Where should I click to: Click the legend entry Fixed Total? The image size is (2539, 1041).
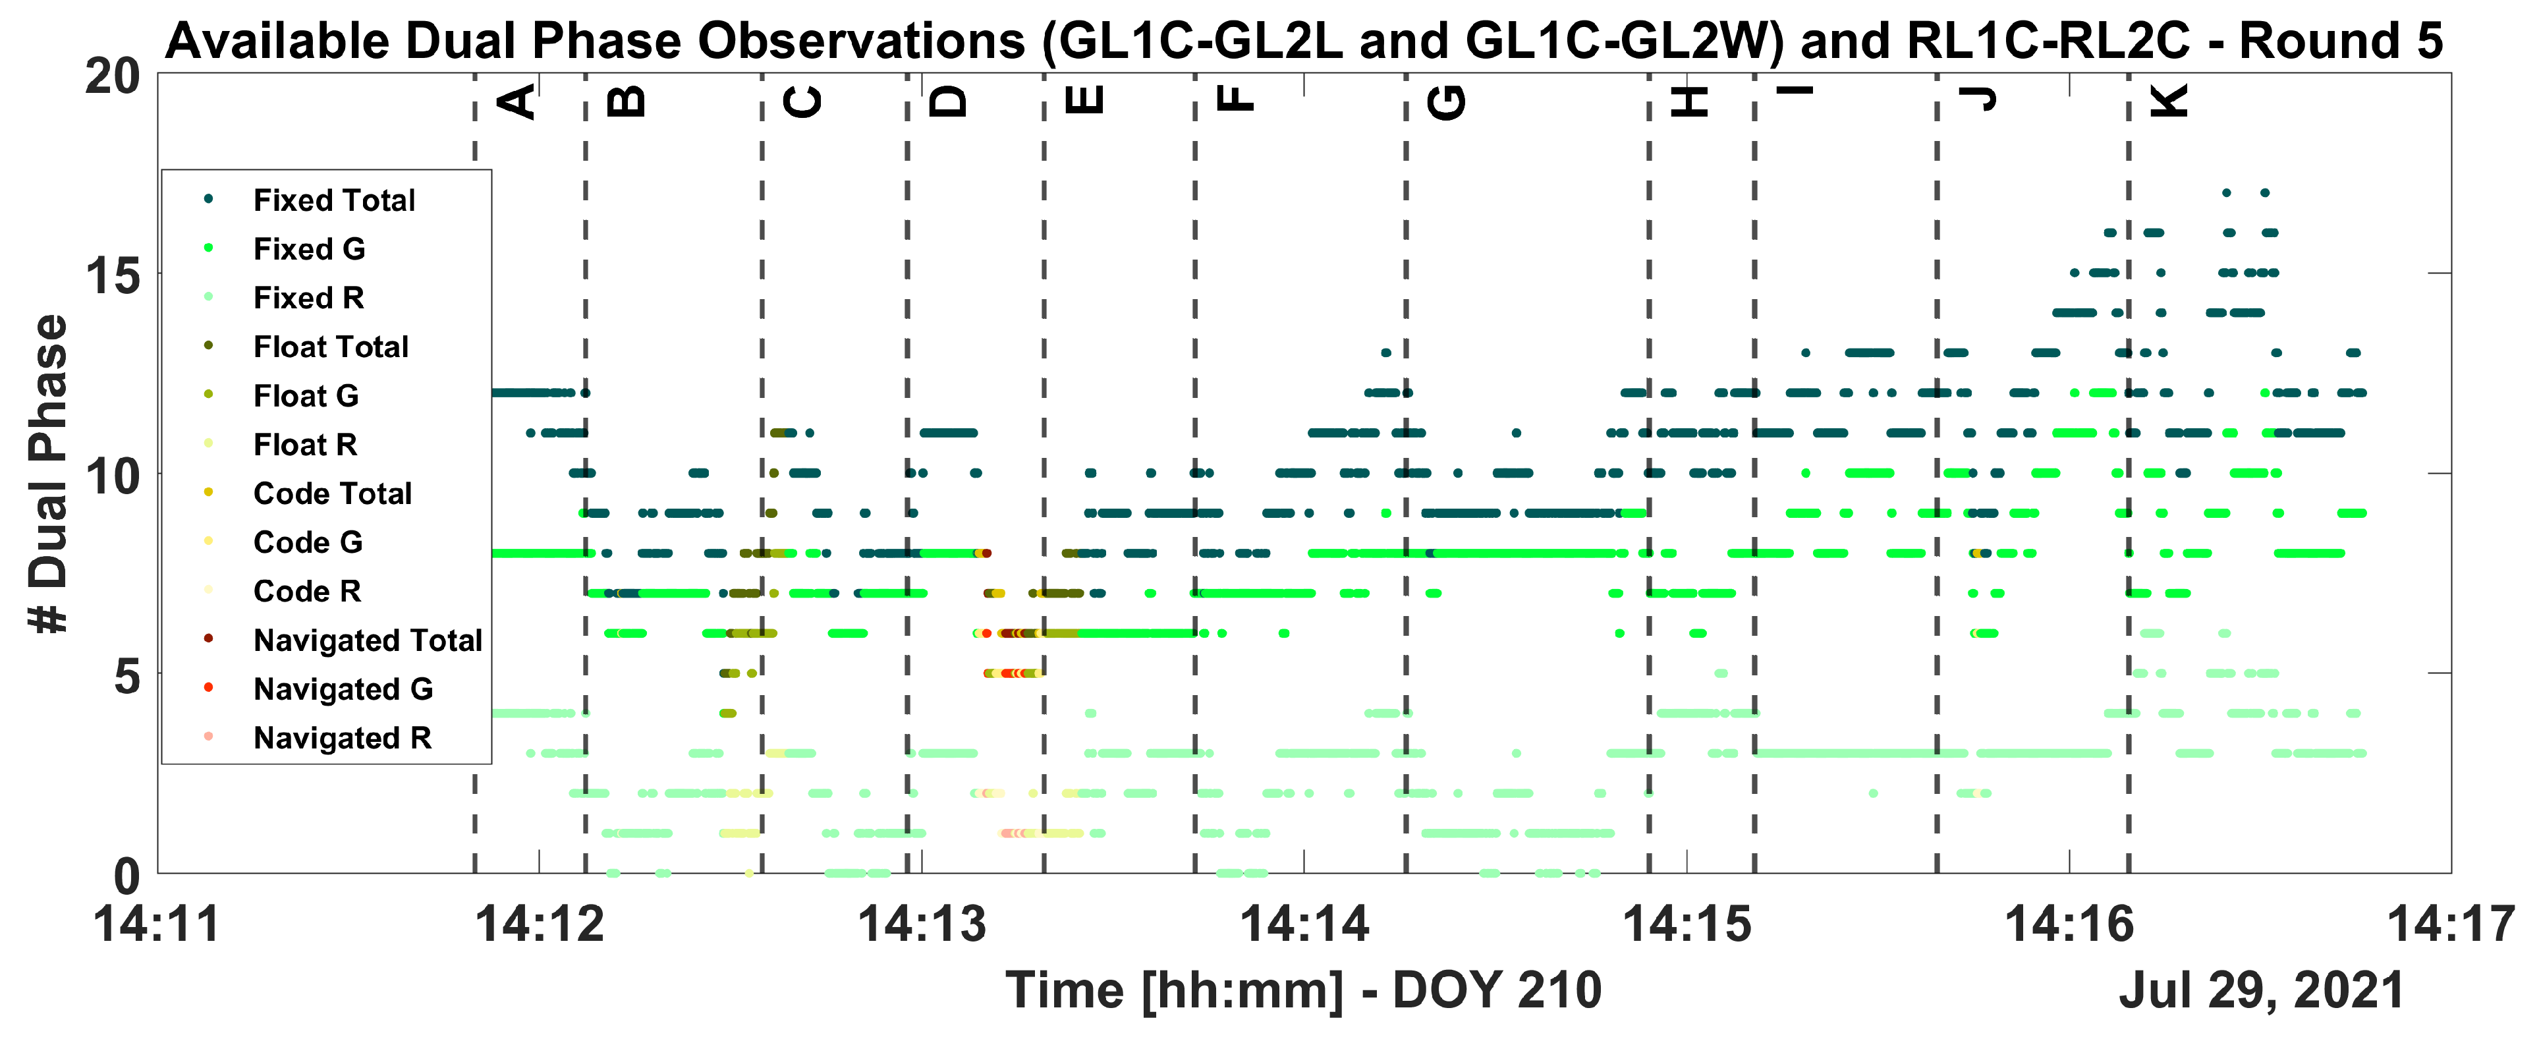333,200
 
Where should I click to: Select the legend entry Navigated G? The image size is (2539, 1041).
342,689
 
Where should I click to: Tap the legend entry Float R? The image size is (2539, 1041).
304,445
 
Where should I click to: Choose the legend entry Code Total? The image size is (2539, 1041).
332,494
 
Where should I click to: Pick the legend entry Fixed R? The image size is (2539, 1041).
308,298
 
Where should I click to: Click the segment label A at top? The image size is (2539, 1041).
518,101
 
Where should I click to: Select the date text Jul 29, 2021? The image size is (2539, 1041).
2261,990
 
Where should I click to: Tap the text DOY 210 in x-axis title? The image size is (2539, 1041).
1497,990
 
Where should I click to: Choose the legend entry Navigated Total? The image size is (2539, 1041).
367,641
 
